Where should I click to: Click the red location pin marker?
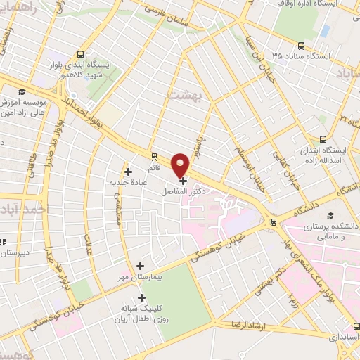coord(182,165)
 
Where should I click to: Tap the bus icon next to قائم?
coord(154,156)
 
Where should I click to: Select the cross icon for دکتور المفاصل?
coord(184,181)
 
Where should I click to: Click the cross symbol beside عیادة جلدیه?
coord(127,171)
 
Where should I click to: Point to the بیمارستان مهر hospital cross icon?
coord(141,266)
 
